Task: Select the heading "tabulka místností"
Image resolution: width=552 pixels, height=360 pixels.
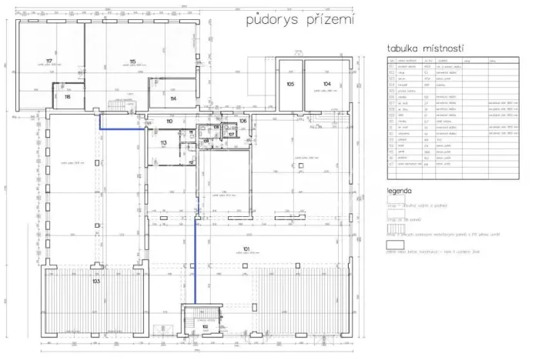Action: [x=430, y=49]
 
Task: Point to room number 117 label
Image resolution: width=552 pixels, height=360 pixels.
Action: [x=49, y=61]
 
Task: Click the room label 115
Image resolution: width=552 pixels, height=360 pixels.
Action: [x=132, y=62]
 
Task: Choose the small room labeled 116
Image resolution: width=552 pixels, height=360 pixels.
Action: [x=68, y=98]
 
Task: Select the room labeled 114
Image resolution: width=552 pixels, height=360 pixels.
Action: [x=172, y=98]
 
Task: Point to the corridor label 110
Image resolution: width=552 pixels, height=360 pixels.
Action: [x=169, y=122]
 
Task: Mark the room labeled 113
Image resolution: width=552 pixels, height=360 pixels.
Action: [x=163, y=143]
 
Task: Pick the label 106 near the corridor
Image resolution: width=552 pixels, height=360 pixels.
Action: [x=242, y=122]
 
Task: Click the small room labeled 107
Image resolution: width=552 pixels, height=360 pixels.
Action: [x=231, y=134]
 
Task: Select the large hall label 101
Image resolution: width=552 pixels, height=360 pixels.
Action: [x=246, y=248]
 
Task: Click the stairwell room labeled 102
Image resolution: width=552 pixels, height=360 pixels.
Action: [x=205, y=327]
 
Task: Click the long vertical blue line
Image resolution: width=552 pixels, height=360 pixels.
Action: [x=196, y=246]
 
